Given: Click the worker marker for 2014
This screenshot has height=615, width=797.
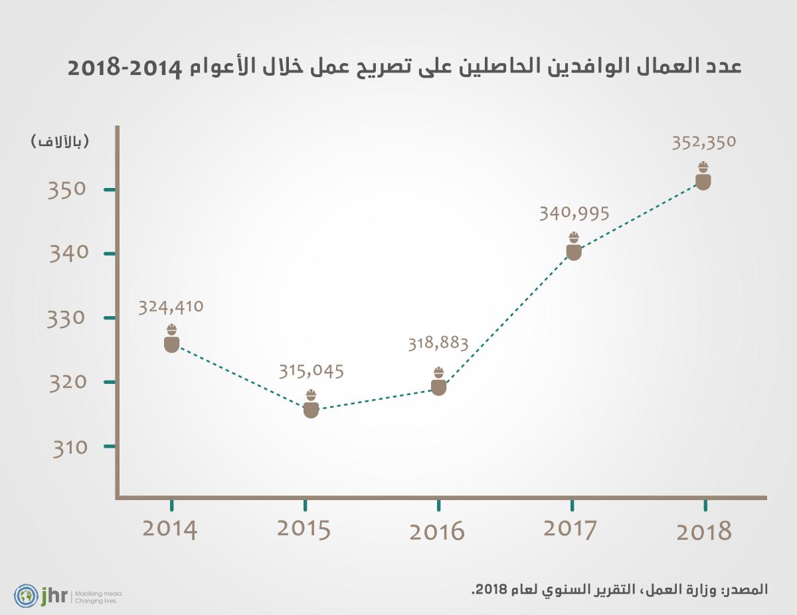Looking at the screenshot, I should [x=171, y=339].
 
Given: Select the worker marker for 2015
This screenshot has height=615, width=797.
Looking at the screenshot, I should [x=311, y=404].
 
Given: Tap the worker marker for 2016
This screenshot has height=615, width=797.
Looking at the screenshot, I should [x=438, y=382].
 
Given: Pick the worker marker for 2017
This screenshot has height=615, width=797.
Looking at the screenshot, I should [x=574, y=246].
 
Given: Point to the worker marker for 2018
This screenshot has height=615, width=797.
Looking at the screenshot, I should [x=703, y=176].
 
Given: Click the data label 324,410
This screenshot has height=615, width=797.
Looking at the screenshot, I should [x=171, y=307].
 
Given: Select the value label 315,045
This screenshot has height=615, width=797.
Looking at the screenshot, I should [x=311, y=370].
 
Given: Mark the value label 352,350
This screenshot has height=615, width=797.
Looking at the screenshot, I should [x=704, y=142].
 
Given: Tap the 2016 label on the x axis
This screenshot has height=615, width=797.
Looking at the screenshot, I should [x=437, y=532].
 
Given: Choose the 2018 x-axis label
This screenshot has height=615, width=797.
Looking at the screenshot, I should [x=704, y=532].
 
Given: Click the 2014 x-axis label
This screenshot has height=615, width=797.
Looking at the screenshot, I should [x=170, y=529].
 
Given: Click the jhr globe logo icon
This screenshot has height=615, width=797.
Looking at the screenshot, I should [x=26, y=594].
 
